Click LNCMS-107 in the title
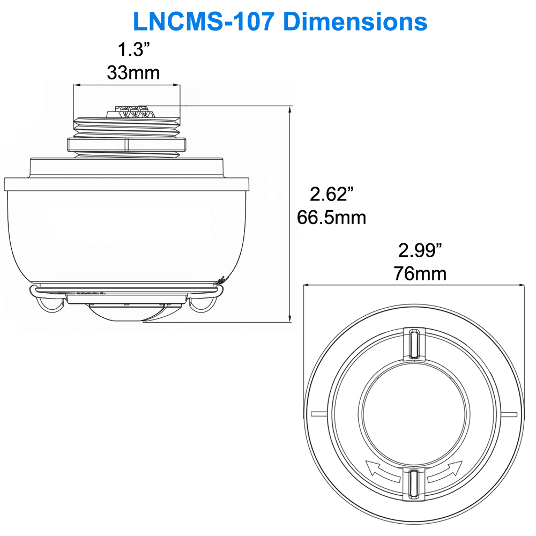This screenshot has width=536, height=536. (x=204, y=21)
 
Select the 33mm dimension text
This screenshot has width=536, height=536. (x=133, y=72)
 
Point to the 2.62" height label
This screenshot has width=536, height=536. (x=332, y=194)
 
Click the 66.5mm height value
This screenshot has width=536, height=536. (x=332, y=218)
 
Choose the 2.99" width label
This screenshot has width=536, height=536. (x=420, y=250)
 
